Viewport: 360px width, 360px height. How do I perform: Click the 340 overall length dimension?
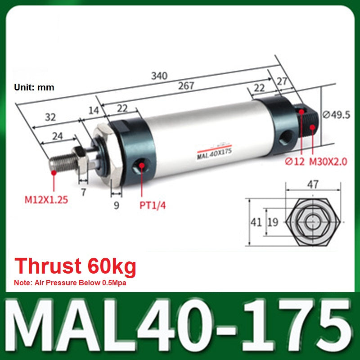click(159, 76)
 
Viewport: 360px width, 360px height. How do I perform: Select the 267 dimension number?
click(186, 86)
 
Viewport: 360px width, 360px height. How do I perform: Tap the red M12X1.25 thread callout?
click(46, 200)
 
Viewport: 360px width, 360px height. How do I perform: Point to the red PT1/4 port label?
click(153, 205)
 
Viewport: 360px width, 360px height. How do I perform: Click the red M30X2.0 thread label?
click(328, 162)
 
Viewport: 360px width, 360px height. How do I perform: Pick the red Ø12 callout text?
click(295, 162)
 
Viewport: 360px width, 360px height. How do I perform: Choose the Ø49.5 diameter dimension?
click(337, 115)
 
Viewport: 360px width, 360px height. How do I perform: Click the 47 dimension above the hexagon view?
click(313, 184)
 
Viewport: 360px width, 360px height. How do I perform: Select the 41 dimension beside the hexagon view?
click(256, 222)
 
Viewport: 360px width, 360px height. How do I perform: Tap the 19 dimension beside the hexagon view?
click(273, 222)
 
